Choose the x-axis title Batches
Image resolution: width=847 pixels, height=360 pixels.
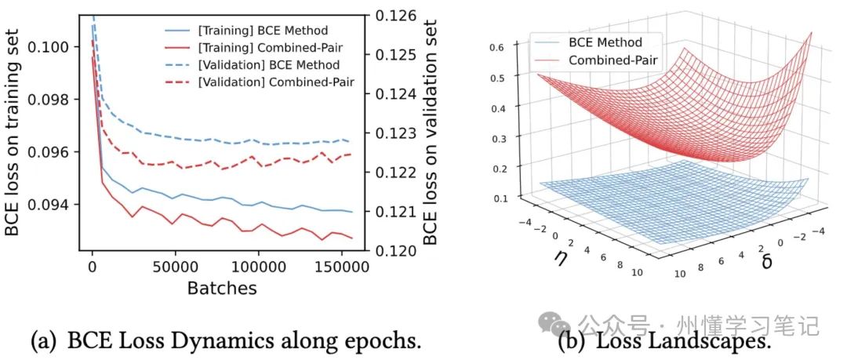click(x=221, y=289)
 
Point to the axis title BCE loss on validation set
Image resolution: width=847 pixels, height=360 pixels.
click(x=430, y=125)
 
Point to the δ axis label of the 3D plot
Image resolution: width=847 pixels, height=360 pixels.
click(x=766, y=260)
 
